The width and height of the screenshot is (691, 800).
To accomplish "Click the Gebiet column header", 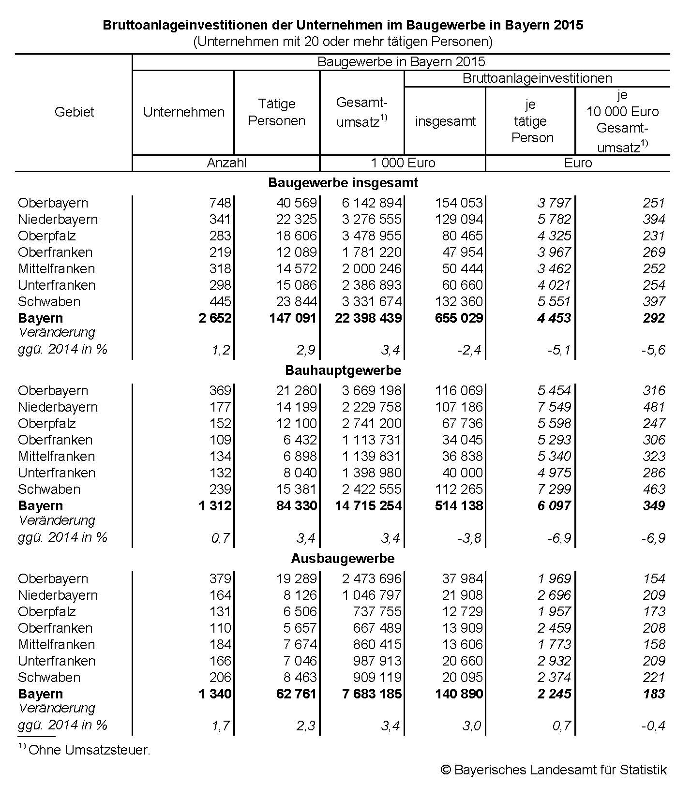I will click(74, 112).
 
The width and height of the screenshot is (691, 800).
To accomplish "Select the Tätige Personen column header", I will click(277, 112).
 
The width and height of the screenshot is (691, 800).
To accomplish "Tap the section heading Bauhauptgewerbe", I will click(343, 370).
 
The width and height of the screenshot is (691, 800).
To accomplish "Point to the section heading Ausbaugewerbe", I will click(343, 559).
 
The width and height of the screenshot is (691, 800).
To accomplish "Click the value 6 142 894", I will click(372, 203).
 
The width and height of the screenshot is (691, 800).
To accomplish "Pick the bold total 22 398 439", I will click(368, 318).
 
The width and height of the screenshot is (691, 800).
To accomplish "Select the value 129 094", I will click(459, 220).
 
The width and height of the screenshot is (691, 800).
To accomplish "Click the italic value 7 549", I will click(554, 407).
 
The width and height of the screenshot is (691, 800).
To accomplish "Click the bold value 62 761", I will click(294, 694).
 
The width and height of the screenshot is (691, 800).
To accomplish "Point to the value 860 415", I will click(376, 645).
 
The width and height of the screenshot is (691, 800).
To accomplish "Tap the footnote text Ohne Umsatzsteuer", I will click(90, 750).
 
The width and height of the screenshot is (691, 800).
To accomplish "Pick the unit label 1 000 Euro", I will click(403, 163).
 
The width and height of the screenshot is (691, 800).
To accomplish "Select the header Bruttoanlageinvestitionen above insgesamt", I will click(537, 78).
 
